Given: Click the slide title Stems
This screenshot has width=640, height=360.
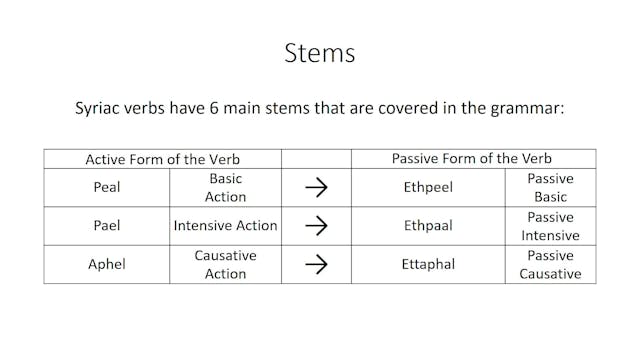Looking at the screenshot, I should click(x=319, y=52).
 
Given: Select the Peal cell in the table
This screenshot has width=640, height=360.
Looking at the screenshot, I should click(x=107, y=187).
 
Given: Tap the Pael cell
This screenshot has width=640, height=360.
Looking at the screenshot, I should click(x=107, y=225).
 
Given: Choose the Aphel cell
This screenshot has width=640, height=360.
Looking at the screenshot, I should click(x=107, y=264).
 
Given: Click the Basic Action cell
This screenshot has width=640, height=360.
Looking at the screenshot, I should click(x=225, y=187).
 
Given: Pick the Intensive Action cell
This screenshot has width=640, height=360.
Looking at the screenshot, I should click(x=225, y=225).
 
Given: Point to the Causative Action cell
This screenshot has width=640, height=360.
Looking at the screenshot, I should click(x=225, y=264).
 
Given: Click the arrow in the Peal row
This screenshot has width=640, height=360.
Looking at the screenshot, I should click(x=316, y=187).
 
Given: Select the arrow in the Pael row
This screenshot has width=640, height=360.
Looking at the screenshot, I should click(x=316, y=225).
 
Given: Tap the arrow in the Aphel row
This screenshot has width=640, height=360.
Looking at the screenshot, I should click(x=316, y=264).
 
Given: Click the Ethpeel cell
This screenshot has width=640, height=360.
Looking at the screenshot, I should click(x=428, y=187).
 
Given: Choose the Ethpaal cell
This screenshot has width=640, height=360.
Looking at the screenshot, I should click(x=428, y=225).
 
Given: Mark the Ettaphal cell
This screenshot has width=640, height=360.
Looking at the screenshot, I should click(x=428, y=264).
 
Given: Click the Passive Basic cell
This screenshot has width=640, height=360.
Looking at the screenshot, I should click(x=550, y=187).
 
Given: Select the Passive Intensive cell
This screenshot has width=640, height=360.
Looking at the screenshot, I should click(x=550, y=225).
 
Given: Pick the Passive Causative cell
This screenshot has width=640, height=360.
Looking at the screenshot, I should click(x=550, y=264).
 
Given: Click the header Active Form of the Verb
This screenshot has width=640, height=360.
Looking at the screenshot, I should click(x=162, y=158).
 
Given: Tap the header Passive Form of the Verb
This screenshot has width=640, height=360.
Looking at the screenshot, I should click(x=473, y=158).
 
